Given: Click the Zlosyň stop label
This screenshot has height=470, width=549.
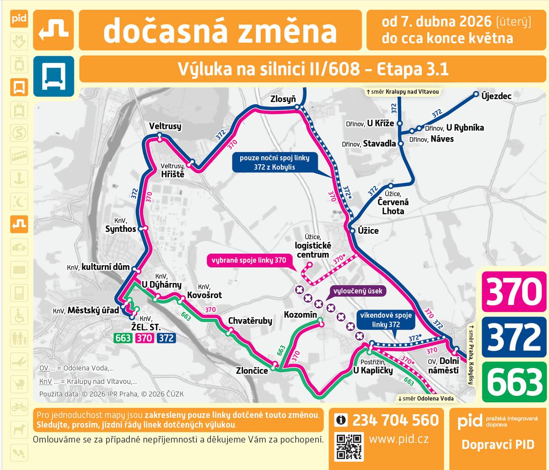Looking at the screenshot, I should (283, 99).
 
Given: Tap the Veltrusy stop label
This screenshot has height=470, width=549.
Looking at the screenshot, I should (165, 126).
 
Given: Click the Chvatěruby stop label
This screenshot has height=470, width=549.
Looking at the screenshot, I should (250, 320).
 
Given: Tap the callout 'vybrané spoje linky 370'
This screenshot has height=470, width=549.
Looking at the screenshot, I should (249, 261).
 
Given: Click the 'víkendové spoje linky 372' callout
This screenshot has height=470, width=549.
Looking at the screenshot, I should (386, 320).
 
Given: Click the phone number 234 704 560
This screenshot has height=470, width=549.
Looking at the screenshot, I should (395, 420).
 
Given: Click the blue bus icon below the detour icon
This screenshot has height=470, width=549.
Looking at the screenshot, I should (54, 76).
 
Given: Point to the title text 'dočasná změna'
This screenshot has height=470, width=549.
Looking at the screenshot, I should (220, 30).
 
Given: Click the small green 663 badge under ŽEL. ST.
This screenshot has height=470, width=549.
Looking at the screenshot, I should (123, 338).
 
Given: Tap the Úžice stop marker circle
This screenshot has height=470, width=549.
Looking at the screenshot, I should (352, 231).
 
